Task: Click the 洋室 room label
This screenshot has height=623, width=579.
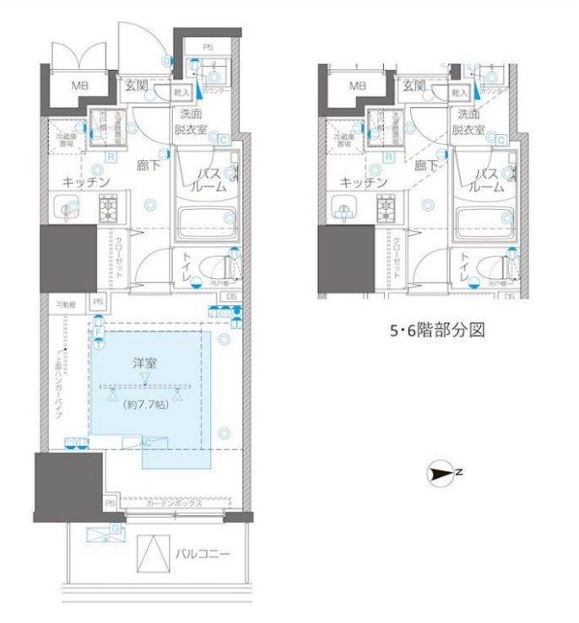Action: [146, 363]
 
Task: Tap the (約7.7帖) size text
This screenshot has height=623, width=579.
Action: [146, 405]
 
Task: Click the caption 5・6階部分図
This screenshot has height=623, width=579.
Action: [436, 331]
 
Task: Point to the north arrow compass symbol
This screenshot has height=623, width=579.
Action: [441, 474]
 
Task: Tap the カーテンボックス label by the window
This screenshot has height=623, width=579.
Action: [173, 504]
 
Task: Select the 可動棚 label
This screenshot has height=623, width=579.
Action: [66, 303]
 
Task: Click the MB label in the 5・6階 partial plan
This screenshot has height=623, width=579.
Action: [358, 85]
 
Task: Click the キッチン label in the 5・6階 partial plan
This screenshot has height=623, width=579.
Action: [364, 182]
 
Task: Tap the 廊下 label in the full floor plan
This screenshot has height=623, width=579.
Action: [149, 166]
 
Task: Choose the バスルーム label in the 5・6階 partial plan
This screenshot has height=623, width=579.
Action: [486, 180]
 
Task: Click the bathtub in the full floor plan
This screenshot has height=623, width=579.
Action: [205, 224]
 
